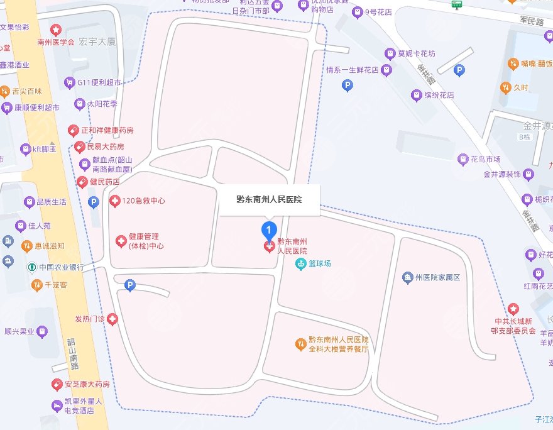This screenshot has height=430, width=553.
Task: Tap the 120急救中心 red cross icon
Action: [114, 201]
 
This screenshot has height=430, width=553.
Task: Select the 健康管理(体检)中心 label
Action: [146, 241]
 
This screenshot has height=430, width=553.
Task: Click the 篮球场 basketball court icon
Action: [301, 263]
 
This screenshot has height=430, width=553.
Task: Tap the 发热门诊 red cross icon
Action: [112, 319]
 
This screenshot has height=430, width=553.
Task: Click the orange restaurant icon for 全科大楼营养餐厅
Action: [301, 344]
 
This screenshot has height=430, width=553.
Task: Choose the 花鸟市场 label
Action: [486, 158]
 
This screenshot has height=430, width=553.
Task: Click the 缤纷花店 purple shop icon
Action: [415, 96]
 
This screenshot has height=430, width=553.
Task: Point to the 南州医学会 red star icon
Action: [56, 30]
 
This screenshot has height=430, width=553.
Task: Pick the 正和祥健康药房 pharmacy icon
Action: [74, 130]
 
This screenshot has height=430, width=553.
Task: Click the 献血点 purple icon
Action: [85, 165]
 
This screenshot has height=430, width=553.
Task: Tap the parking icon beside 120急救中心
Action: [94, 202]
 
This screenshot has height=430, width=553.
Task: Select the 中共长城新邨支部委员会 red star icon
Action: [513, 309]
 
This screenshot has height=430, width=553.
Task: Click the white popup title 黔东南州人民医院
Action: [269, 200]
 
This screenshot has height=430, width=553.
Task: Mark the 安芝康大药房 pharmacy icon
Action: [57, 384]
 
